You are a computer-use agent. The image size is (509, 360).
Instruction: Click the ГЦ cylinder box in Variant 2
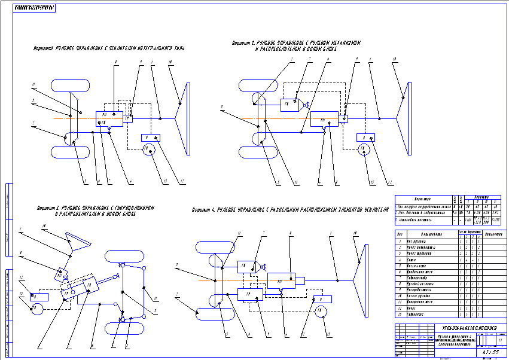point(289,105)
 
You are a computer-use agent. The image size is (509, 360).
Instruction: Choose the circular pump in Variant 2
point(363,150)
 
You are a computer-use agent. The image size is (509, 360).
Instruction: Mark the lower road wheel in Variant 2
point(257,153)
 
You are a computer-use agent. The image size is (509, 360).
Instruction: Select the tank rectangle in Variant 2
point(365,137)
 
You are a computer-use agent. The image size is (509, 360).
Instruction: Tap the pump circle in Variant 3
point(37,309)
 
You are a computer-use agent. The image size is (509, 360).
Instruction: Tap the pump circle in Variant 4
point(319,311)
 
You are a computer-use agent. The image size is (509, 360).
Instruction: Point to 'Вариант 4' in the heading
point(204,210)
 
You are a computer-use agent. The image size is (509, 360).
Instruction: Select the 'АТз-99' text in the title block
point(490,352)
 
